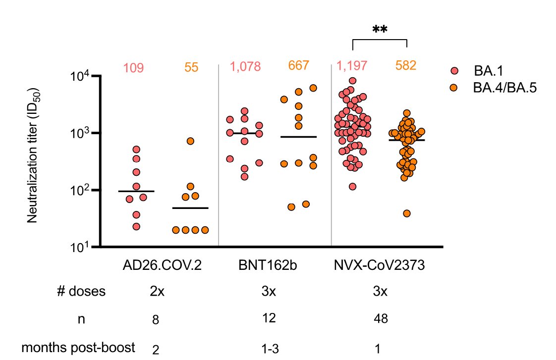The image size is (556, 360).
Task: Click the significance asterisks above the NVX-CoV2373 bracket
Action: click(380, 30)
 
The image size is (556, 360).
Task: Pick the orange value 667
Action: click(298, 66)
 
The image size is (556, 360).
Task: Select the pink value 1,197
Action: click(352, 66)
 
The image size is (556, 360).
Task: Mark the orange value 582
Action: click(406, 66)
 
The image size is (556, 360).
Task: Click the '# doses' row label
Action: click(81, 291)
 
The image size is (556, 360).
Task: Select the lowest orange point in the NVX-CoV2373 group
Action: click(407, 213)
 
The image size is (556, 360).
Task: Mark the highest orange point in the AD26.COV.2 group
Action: click(191, 141)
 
